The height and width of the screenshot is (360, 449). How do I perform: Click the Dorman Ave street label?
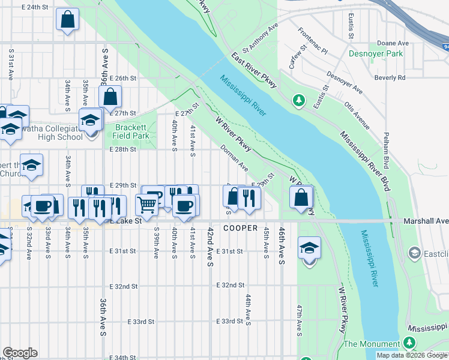pyautogui.click(x=234, y=157)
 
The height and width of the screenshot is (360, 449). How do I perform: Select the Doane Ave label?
pyautogui.click(x=393, y=43)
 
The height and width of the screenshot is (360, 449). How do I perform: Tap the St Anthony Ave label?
pyautogui.click(x=261, y=38)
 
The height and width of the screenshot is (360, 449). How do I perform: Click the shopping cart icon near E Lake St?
pyautogui.click(x=146, y=205)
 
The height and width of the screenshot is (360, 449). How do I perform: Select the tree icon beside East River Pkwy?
pyautogui.click(x=297, y=99)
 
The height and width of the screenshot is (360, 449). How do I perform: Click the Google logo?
pyautogui.click(x=20, y=353)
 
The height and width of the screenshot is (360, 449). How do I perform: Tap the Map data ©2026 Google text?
pyautogui.click(x=412, y=355)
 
